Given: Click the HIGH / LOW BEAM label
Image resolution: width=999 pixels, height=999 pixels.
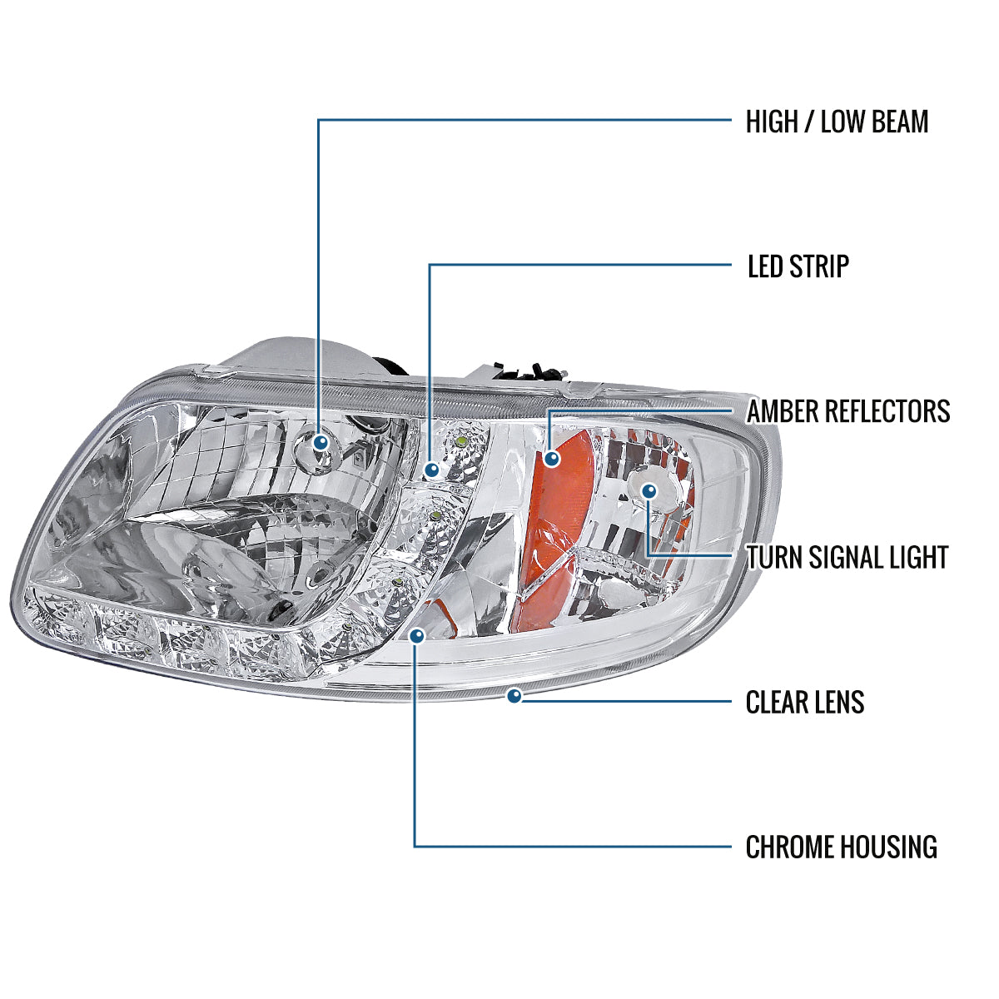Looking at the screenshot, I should click(x=837, y=122).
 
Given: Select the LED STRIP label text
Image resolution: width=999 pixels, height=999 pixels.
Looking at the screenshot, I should click(x=798, y=266).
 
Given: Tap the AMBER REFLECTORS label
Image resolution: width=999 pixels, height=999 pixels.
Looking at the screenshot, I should click(x=848, y=411).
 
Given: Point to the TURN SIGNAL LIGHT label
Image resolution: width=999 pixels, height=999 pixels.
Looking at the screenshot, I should click(x=847, y=557).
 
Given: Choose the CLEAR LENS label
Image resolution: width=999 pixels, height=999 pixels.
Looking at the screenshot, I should click(x=805, y=702).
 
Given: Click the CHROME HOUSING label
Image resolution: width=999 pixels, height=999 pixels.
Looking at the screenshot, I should click(x=841, y=847).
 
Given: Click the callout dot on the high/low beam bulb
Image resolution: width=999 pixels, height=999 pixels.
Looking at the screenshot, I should click(x=320, y=443).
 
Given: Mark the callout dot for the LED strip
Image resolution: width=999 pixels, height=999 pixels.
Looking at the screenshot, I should click(x=431, y=470).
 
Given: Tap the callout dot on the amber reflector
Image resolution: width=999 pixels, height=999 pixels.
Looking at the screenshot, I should click(x=550, y=458).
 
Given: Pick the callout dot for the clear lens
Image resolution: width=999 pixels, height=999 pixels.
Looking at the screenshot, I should click(x=514, y=695).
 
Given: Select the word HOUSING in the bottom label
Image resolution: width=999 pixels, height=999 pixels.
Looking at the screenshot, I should click(x=889, y=847).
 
